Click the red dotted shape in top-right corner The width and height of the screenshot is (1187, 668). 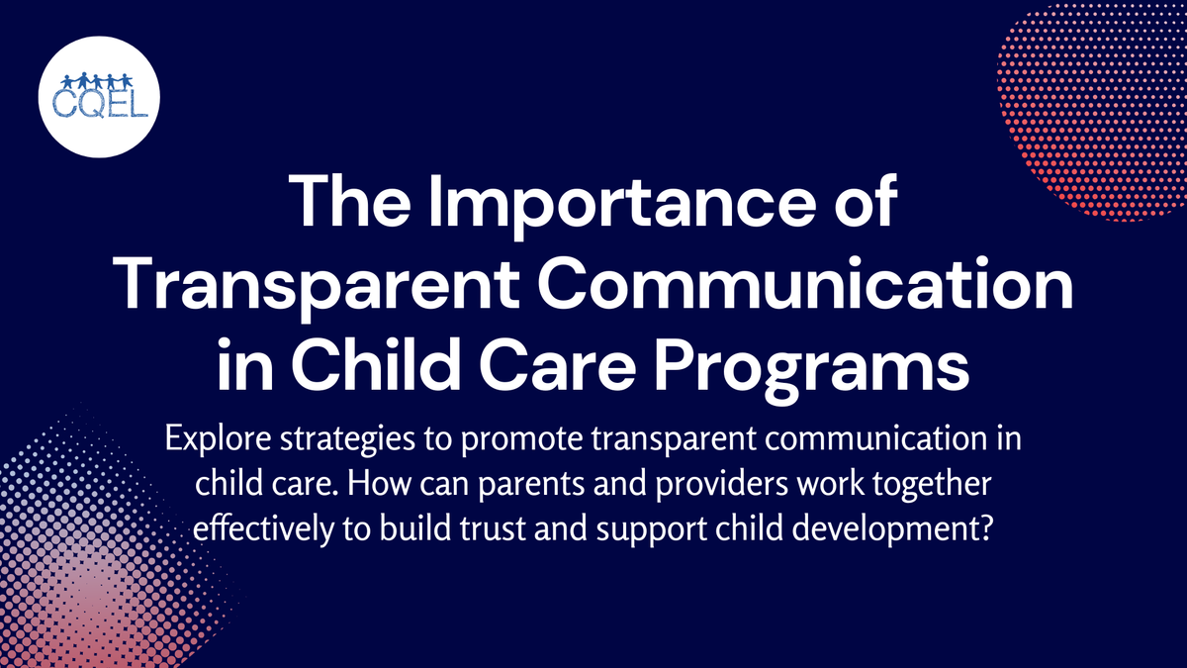(x=1098, y=109)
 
